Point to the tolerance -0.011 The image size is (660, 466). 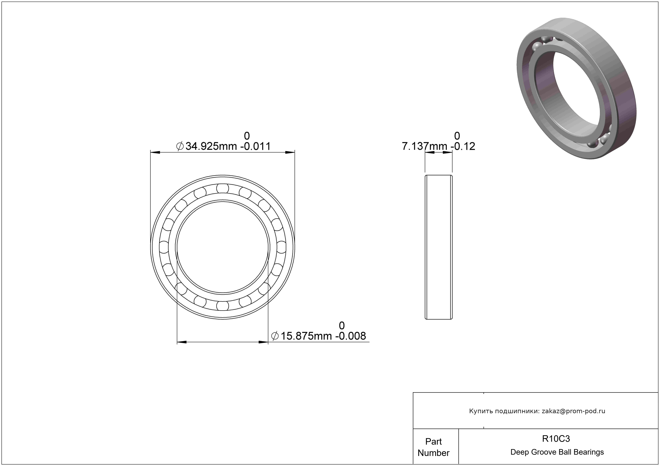(255, 146)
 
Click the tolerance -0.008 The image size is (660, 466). (350, 336)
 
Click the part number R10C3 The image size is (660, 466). (556, 439)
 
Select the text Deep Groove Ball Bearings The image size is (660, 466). (557, 452)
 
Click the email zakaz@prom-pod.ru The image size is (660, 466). (573, 411)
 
